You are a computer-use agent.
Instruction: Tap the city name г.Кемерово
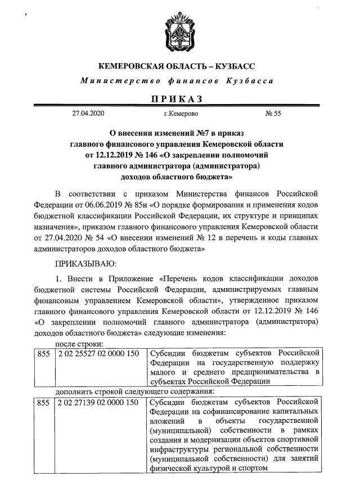(x=181, y=114)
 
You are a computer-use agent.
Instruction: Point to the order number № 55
(x=273, y=114)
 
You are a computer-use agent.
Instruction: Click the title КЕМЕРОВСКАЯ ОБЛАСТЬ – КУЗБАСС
(x=177, y=66)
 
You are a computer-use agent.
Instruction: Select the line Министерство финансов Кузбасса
(x=177, y=81)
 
